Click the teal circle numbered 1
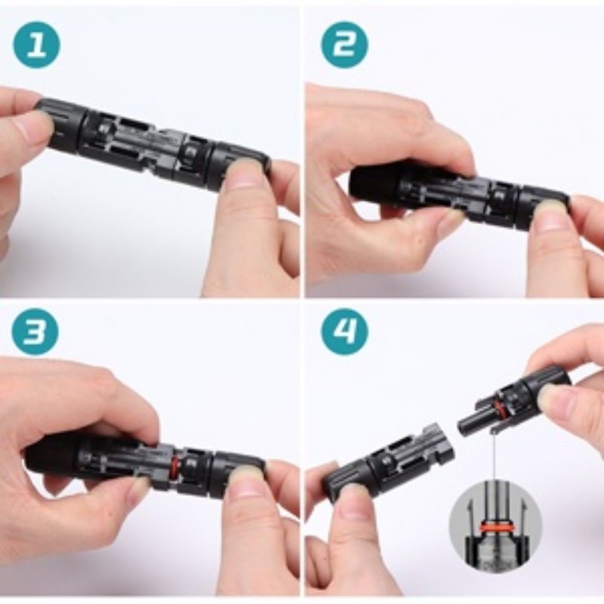tap(37, 45)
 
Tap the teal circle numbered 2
tap(344, 45)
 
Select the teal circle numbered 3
tap(35, 331)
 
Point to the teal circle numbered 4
tap(344, 331)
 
